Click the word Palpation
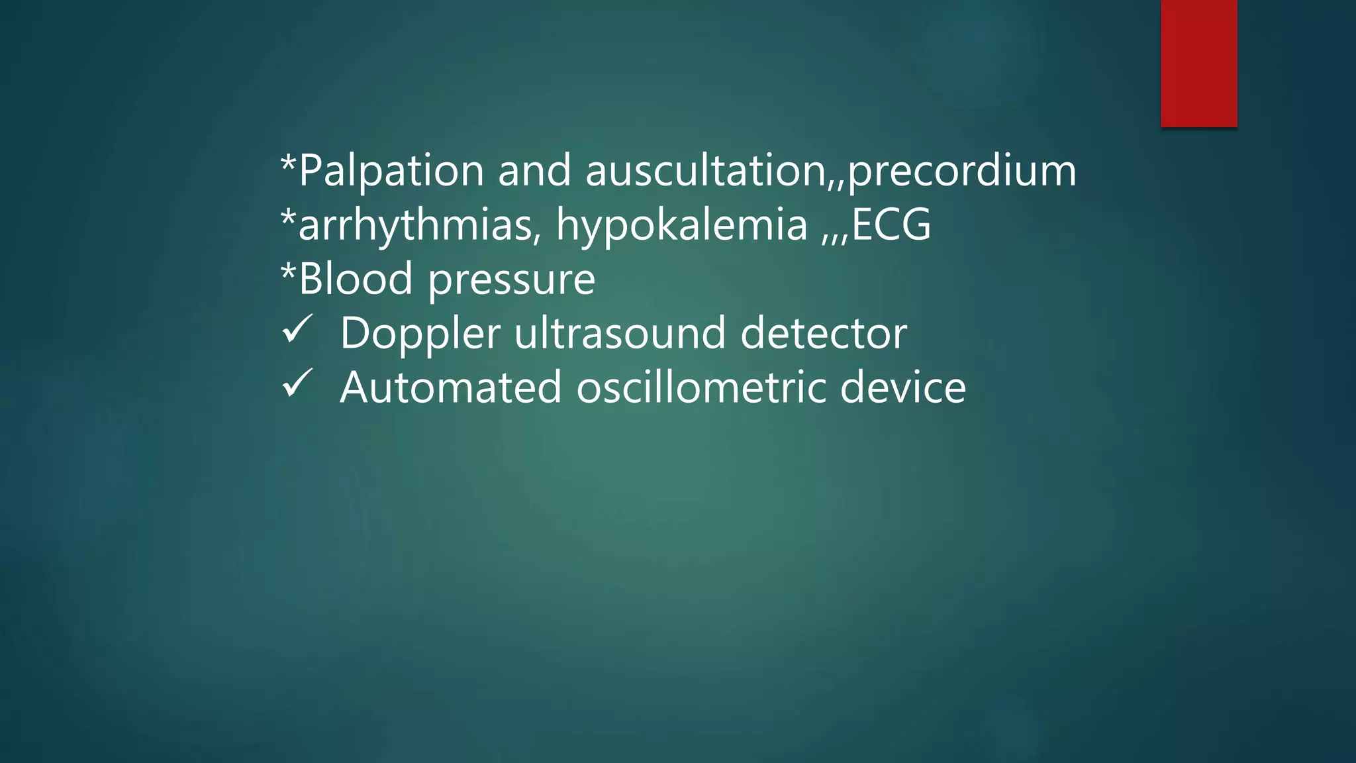[x=391, y=171]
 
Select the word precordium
[x=962, y=171]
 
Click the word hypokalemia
[x=682, y=225]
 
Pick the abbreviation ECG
[x=891, y=225]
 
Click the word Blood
[x=356, y=279]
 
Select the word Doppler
[x=420, y=334]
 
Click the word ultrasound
[x=620, y=333]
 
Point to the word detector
[x=824, y=333]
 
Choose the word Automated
[x=451, y=387]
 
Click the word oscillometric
[x=701, y=387]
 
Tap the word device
[x=903, y=387]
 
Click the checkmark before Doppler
[x=297, y=329]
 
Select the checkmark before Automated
[x=297, y=383]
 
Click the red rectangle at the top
[x=1198, y=63]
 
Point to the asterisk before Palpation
[x=288, y=163]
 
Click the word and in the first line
[x=534, y=171]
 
